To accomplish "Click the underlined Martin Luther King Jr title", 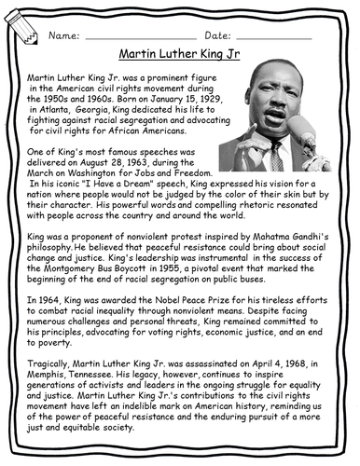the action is (179, 55).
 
